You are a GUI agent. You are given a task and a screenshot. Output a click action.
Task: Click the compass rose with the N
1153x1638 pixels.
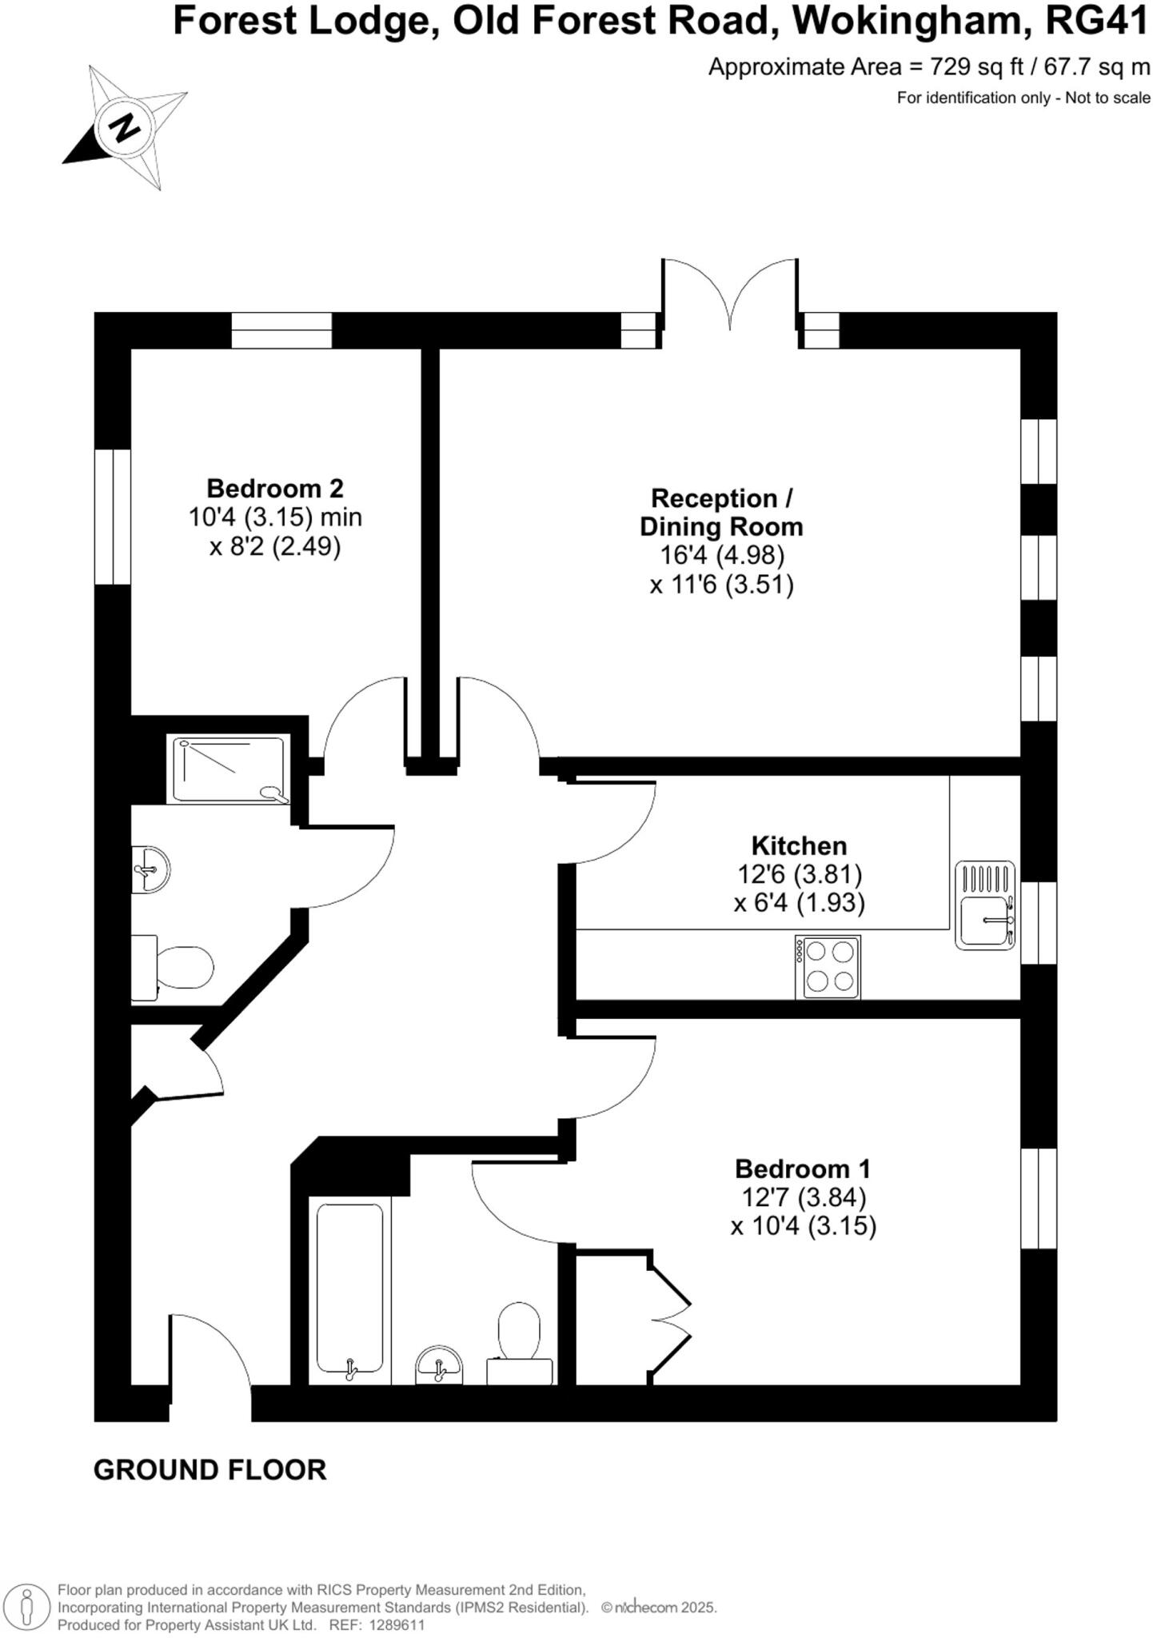125,127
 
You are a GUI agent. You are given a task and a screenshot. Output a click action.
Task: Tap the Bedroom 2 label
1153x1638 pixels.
274,488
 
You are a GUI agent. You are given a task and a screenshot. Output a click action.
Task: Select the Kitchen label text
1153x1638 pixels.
798,845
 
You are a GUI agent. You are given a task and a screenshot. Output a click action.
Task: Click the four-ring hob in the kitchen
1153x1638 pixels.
828,967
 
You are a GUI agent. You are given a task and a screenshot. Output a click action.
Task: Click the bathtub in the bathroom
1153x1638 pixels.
349,1290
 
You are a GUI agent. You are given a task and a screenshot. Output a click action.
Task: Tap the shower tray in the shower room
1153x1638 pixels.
229,769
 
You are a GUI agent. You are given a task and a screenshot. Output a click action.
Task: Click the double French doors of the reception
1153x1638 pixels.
729,296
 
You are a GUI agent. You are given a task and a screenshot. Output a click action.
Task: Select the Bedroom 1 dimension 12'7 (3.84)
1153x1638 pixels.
803,1197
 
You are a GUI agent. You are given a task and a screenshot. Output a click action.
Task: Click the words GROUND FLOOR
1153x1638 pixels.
209,1470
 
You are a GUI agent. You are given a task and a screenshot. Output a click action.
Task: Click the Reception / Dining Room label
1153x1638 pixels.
721,512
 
